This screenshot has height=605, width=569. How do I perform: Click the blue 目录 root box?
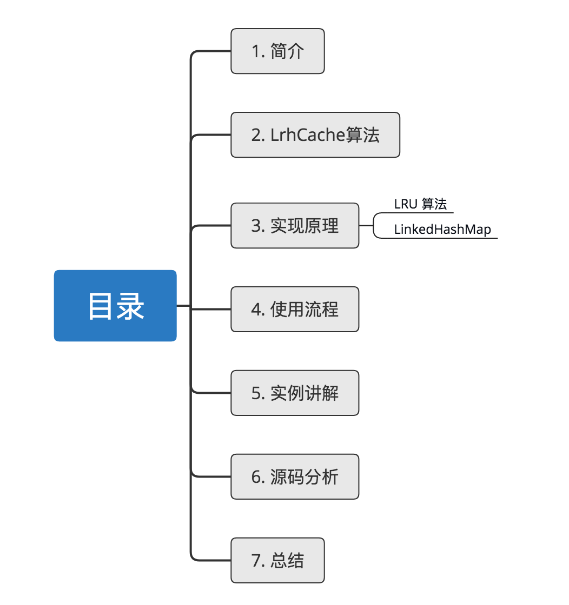pos(115,306)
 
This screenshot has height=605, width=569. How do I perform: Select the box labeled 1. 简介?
pos(277,51)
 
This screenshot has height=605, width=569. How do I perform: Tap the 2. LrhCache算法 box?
pos(315,135)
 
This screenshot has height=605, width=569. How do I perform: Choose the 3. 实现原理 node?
pos(295,226)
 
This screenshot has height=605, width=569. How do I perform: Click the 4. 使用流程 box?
pos(295,310)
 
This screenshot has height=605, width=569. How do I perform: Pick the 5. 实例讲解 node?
pos(295,393)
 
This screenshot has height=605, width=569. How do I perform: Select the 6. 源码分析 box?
pos(295,477)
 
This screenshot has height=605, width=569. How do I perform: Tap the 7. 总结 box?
pos(277,561)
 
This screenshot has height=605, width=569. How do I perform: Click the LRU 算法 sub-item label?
pos(420,205)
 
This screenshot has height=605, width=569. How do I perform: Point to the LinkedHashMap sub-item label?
pos(442,230)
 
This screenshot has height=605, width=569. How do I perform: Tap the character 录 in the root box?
pos(130,306)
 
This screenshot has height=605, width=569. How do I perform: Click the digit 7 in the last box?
pos(256,561)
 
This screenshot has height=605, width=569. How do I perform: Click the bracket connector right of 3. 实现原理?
pos(374,226)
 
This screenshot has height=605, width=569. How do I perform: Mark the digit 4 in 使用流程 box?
pos(256,310)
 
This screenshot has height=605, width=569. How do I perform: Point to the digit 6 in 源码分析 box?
pos(256,477)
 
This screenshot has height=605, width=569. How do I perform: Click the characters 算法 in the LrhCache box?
pos(363,135)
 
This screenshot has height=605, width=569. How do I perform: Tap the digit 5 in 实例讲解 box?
pos(256,393)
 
